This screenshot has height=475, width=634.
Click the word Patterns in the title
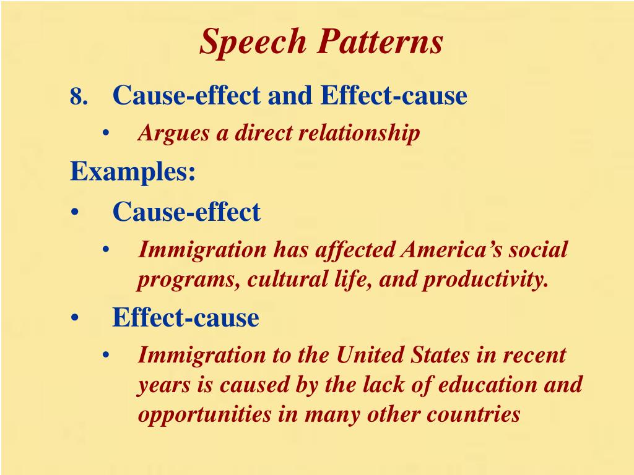(381, 43)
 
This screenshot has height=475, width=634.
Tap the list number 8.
(77, 97)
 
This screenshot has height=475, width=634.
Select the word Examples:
(133, 171)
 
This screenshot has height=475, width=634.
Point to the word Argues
(173, 134)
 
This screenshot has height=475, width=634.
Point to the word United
(368, 355)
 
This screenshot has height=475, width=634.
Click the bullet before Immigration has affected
(106, 250)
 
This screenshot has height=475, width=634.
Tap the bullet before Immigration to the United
(106, 356)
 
